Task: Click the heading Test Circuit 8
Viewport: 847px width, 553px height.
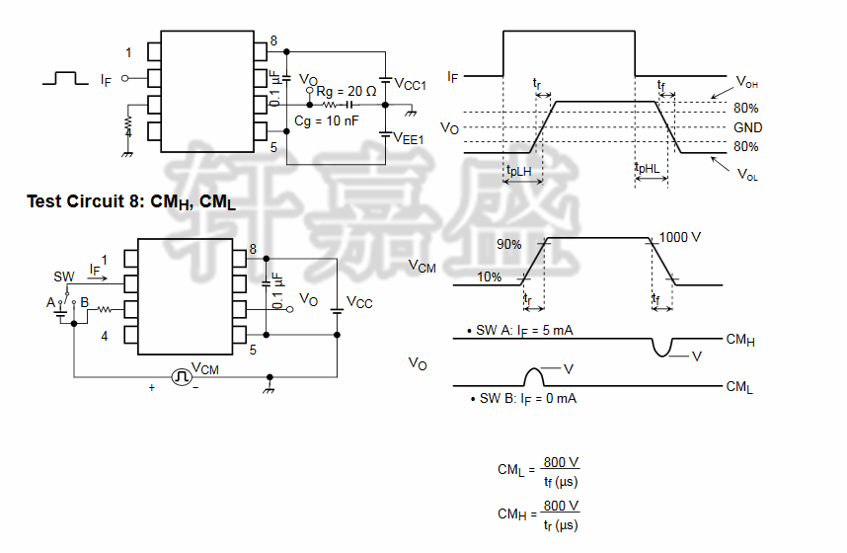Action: [130, 202]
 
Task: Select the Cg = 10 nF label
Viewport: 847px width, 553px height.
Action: [327, 121]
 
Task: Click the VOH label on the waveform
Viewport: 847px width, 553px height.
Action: [746, 82]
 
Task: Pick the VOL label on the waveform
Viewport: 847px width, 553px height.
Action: [747, 174]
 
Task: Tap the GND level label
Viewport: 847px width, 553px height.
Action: [747, 127]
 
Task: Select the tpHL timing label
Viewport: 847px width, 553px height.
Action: [648, 169]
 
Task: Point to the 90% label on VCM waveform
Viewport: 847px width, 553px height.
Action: [508, 244]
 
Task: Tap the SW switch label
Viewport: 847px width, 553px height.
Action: [64, 276]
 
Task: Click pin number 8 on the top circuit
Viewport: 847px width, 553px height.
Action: [273, 39]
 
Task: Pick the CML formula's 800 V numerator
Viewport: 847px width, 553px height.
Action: [561, 462]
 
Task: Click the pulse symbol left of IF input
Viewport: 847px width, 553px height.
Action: [65, 77]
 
